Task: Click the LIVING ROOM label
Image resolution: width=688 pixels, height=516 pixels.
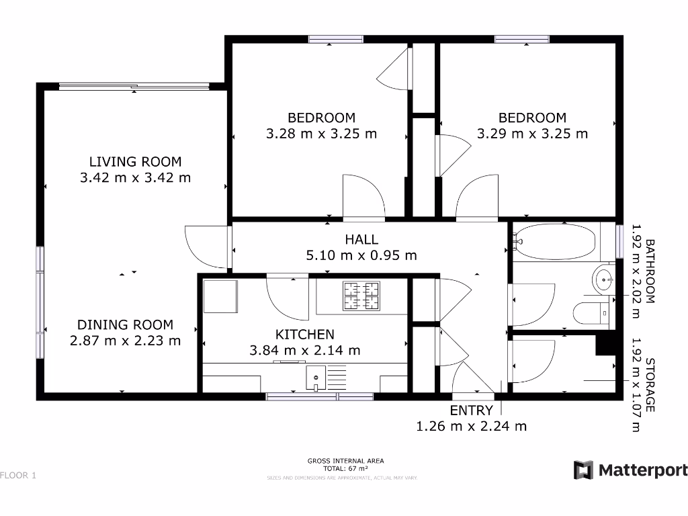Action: (x=135, y=161)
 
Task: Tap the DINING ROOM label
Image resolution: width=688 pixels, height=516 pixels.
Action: (x=125, y=325)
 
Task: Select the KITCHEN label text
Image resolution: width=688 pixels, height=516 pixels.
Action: (x=304, y=334)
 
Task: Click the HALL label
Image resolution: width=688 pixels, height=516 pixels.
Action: (x=361, y=239)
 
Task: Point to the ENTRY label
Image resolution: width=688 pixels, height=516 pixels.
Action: (x=471, y=411)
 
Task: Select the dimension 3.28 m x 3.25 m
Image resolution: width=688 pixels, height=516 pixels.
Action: (x=321, y=134)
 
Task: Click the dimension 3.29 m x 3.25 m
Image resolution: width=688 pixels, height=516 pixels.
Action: (x=532, y=134)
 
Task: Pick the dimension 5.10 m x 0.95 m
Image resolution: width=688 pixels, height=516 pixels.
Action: (x=361, y=255)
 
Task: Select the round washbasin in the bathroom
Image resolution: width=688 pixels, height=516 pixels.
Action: (x=603, y=277)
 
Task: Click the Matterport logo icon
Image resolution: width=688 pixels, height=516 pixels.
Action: (x=583, y=470)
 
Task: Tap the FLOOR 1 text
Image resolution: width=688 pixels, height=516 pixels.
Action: (x=18, y=476)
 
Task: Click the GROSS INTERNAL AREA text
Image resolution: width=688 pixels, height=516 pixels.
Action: (x=345, y=461)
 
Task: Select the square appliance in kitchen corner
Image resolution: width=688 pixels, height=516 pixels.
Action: (x=220, y=297)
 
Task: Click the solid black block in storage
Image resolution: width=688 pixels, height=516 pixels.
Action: (x=607, y=343)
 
